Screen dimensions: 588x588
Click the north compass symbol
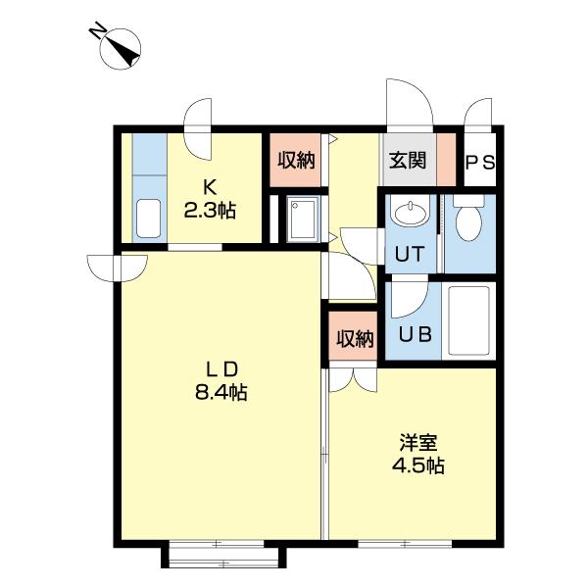coord(121,50)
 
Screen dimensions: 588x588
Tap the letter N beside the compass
coord(97,30)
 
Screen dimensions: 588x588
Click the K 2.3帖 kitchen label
coord(210,198)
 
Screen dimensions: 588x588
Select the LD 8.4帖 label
coord(221,381)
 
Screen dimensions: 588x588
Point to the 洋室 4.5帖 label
coord(418,454)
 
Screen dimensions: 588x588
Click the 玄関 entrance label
coord(408,161)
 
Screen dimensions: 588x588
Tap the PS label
coord(480,163)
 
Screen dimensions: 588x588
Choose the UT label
coord(410,254)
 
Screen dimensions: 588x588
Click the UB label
coord(416,334)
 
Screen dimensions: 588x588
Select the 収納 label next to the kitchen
coord(296,161)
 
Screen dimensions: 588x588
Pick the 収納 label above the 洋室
coord(355,339)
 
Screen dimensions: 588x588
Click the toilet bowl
coord(468,219)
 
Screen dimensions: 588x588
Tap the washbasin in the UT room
coord(410,213)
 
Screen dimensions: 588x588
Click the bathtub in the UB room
coord(469,320)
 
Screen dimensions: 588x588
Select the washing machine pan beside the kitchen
coord(303,220)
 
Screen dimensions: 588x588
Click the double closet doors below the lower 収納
coord(353,380)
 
